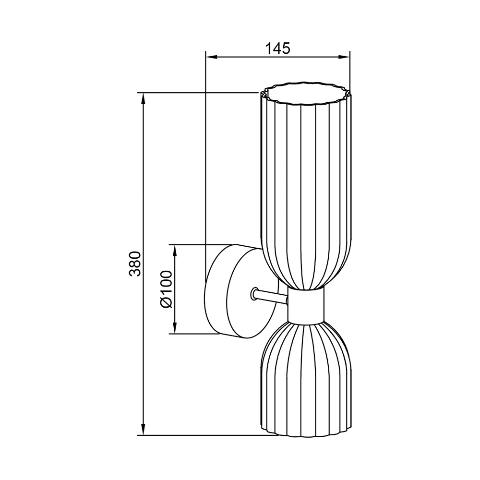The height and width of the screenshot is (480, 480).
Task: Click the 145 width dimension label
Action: point(277,48)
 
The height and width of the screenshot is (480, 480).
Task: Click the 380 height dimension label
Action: point(135,264)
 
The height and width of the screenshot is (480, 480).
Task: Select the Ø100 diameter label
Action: point(167,289)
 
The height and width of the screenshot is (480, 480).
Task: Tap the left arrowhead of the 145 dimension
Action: point(211,57)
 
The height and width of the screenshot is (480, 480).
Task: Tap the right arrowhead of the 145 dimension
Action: point(344,57)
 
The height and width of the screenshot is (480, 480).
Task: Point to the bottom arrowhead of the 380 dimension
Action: point(143,429)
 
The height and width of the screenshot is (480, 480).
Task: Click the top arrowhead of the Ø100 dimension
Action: point(175,251)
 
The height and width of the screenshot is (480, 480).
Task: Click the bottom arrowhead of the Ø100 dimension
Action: point(175,328)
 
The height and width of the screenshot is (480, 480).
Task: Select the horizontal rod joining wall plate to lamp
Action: point(271,296)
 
